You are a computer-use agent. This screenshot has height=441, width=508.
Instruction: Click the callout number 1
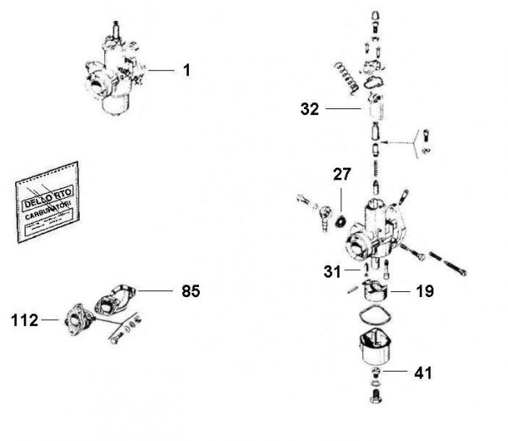tap(186, 71)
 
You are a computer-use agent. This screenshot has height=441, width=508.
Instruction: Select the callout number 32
tap(310, 109)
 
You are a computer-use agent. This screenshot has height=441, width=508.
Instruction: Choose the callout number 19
tap(425, 291)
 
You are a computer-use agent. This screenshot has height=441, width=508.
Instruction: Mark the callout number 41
tap(425, 372)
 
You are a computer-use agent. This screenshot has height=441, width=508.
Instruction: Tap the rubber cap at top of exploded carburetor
tap(373, 21)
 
